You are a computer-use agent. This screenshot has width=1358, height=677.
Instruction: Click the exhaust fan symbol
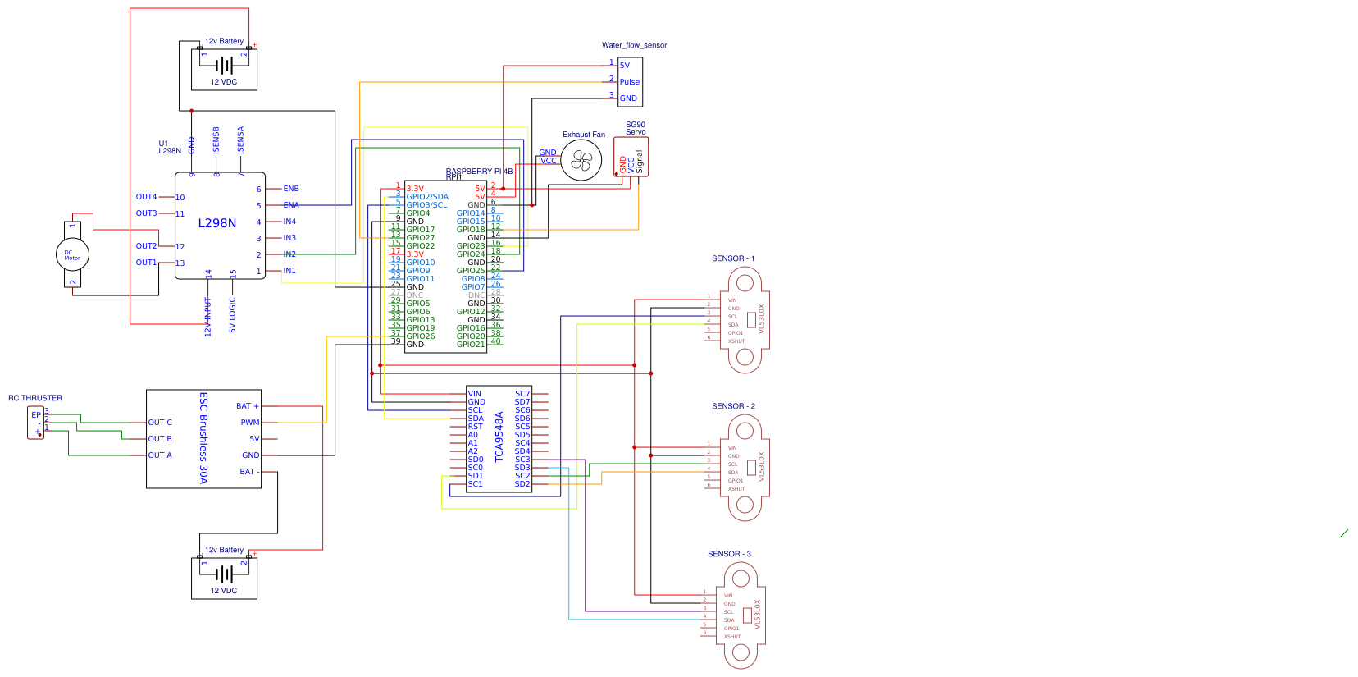(581, 160)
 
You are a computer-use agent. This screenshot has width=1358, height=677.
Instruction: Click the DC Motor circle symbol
(72, 254)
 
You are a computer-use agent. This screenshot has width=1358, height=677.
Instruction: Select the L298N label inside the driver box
(217, 223)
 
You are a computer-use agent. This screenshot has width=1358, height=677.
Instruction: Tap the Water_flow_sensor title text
(634, 45)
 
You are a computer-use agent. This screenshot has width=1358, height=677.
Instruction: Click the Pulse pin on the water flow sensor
(629, 82)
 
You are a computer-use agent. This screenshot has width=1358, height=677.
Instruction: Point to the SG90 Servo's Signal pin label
(640, 162)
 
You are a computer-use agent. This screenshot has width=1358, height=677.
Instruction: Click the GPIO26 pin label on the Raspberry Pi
(421, 336)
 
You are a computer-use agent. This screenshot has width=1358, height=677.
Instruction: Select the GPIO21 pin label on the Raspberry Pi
(471, 345)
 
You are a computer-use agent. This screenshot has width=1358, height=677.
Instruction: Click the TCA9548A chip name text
(499, 437)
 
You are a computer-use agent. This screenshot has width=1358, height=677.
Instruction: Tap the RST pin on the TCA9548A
(475, 427)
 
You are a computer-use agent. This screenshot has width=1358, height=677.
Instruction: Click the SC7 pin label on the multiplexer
(522, 394)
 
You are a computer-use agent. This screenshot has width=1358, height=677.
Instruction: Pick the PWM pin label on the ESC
(249, 423)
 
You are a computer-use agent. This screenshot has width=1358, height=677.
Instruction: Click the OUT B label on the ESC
(160, 439)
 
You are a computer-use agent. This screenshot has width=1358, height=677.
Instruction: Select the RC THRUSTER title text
(35, 398)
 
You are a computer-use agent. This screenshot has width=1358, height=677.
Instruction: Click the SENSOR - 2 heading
(733, 406)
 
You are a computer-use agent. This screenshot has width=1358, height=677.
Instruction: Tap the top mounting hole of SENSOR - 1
(745, 283)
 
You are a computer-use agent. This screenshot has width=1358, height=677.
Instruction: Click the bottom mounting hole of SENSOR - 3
(741, 652)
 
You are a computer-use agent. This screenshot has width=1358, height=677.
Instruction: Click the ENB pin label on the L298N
(291, 189)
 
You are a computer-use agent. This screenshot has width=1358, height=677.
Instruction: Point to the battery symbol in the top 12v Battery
(224, 65)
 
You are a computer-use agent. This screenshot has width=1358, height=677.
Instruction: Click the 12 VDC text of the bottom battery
(224, 591)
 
